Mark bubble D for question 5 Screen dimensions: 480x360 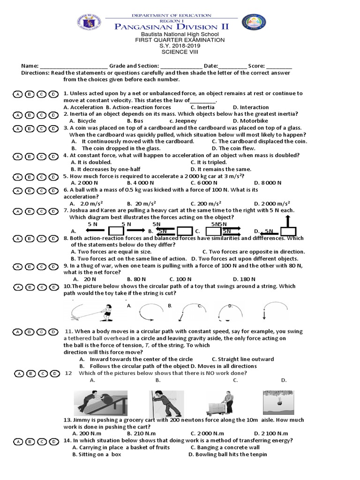pos(54,177)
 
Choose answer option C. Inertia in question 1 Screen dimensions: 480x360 pos(202,107)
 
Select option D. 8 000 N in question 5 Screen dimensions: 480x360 pos(268,182)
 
